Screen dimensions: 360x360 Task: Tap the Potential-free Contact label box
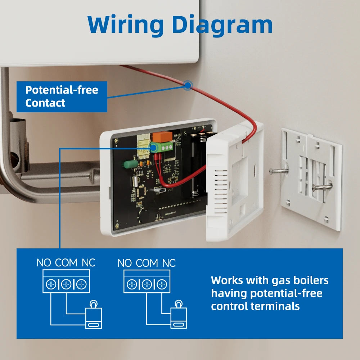[62, 96]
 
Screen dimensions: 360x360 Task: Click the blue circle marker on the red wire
[188, 85]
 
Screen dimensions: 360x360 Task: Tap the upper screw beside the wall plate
[279, 171]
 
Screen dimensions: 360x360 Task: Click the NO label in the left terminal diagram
[44, 263]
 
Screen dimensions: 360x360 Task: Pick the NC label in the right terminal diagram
[168, 263]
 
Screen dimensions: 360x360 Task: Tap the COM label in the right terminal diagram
[147, 263]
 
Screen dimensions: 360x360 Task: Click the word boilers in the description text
[310, 280]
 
